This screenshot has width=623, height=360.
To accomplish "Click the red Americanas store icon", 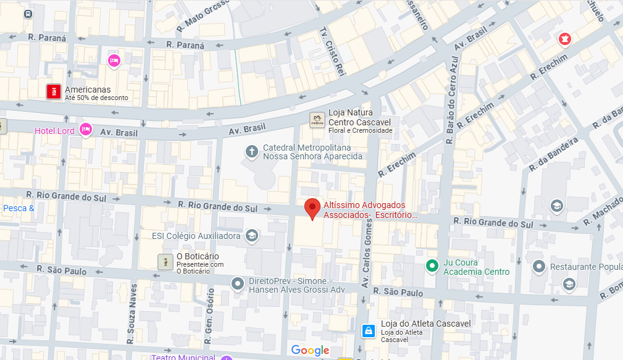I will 54,91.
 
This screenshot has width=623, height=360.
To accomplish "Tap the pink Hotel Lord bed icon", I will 86,130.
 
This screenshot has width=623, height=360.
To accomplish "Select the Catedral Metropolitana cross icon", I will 251,151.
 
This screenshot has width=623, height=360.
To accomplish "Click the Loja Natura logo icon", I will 317,120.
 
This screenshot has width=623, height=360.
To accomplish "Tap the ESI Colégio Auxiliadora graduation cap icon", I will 252,235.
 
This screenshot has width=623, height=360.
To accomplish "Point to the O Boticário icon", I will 165,261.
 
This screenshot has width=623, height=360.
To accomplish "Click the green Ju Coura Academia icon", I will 433,267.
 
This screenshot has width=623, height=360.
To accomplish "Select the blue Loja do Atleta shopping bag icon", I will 368,331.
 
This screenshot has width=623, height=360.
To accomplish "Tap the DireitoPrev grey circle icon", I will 238,284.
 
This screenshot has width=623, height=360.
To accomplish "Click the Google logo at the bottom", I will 310,351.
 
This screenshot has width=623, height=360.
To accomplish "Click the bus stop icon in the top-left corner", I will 28,14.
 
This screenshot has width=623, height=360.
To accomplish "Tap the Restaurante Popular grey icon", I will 539,267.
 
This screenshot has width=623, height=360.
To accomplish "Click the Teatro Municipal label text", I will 183,357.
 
